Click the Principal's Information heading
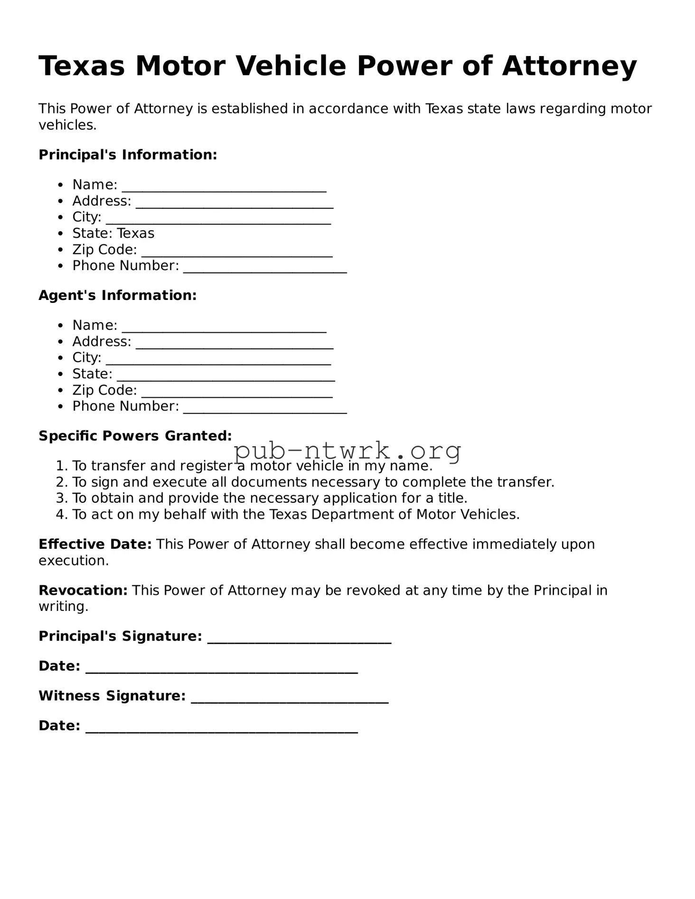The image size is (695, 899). [x=128, y=155]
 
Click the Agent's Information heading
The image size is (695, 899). [x=117, y=295]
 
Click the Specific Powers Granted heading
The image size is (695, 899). [x=135, y=436]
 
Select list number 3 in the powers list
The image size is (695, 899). [x=62, y=498]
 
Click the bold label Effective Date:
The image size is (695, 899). [x=95, y=544]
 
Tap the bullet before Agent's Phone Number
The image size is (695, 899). [x=60, y=407]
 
